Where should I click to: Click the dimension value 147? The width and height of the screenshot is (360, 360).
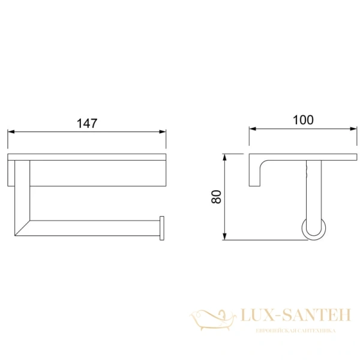(x=87, y=124)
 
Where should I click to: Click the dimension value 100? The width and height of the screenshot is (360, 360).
(x=303, y=120)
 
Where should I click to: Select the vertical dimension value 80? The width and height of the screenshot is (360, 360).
(x=216, y=197)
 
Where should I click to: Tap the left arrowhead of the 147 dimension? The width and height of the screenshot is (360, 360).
(x=11, y=132)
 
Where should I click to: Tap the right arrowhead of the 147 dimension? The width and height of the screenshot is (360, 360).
(x=163, y=132)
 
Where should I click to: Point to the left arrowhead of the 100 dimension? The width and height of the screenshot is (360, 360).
(x=253, y=129)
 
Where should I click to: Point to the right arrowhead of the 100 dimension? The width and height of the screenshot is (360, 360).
(x=353, y=129)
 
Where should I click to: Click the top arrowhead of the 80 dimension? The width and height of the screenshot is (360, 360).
(x=225, y=157)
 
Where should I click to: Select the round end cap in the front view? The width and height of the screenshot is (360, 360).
(x=162, y=228)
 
